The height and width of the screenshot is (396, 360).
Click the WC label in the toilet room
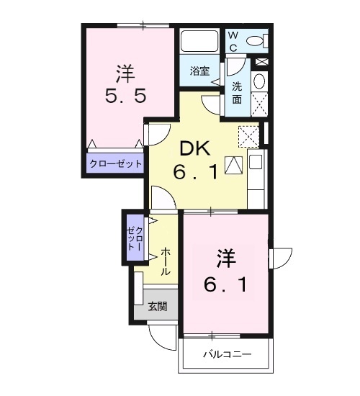(233, 42)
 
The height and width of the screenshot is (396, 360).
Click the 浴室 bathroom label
(199, 71)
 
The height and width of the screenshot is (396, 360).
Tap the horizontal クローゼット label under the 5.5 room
(116, 163)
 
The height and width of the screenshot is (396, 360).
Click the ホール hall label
(166, 261)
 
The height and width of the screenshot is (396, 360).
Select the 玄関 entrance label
(158, 306)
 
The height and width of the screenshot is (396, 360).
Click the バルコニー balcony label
(226, 354)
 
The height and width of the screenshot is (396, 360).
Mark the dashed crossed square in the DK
(248, 135)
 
